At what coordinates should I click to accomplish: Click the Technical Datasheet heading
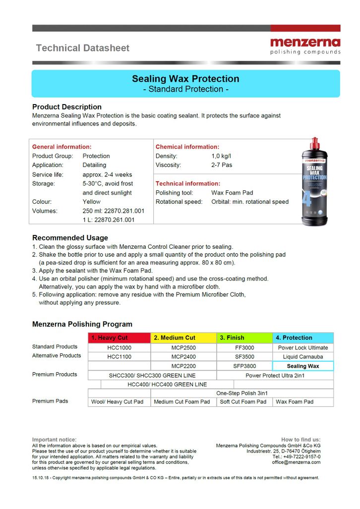(82, 48)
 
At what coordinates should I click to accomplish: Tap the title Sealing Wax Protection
(185, 79)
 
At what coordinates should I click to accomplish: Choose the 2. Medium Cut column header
(183, 338)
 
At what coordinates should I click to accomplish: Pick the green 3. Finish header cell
(244, 338)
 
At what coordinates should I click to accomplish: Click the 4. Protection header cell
(302, 338)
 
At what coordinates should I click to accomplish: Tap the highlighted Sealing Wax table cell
(303, 366)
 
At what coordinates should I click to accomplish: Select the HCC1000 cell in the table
(119, 347)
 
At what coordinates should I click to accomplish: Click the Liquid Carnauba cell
(303, 356)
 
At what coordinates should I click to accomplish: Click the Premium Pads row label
(50, 401)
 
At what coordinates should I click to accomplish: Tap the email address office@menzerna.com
(296, 462)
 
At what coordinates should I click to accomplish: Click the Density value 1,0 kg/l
(222, 156)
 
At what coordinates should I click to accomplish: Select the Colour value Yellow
(91, 202)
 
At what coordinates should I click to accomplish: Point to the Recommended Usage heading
(70, 237)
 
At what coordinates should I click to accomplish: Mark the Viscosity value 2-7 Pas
(222, 165)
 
